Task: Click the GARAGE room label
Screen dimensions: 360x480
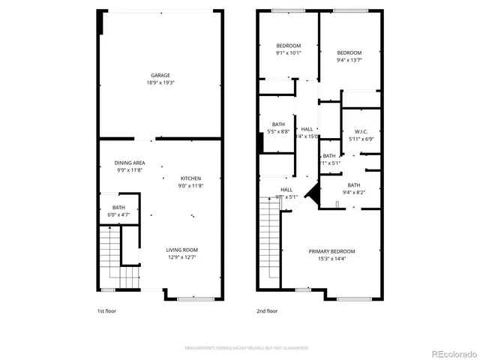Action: [160, 75]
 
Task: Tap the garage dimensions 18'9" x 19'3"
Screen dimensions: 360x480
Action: [160, 82]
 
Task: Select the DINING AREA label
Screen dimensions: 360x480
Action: [129, 163]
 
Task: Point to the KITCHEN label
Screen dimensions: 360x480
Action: [190, 178]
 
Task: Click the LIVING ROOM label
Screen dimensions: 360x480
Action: [181, 250]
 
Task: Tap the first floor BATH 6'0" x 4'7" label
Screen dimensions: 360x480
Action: [118, 211]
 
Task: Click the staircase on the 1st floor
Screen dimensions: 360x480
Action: [109, 258]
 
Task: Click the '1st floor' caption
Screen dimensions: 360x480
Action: [106, 310]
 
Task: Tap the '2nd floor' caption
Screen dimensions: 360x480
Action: [267, 310]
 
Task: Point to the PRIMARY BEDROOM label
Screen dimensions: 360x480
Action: [332, 250]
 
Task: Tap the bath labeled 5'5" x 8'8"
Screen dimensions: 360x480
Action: [278, 128]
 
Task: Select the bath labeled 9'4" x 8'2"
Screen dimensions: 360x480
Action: [353, 188]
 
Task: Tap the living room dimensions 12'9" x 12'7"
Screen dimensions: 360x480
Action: [181, 257]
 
